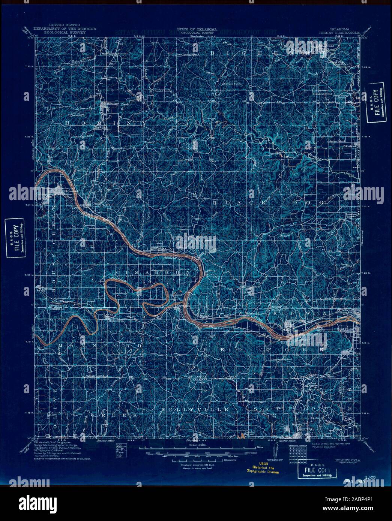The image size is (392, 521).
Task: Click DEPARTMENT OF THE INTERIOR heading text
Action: (x=65, y=29)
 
